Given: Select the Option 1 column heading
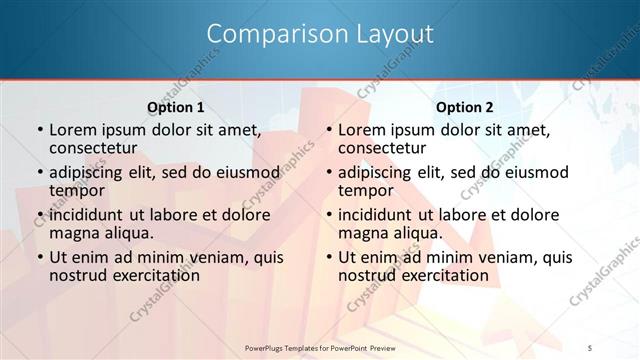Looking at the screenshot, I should coord(176,106).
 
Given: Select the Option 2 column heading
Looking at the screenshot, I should coord(465,106).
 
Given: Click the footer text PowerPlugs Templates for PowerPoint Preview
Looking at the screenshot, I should coord(320,347).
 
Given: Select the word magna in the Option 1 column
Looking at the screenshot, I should coord(72,233).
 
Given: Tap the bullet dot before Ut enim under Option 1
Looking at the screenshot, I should coord(38,258).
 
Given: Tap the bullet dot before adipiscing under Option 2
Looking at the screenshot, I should coord(327,173).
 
